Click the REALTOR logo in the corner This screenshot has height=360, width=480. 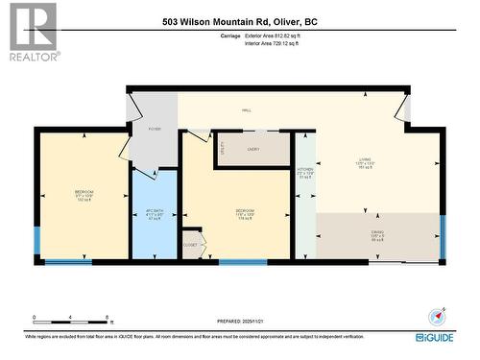[x=31, y=31]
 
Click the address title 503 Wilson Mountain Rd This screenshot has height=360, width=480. [x=239, y=22]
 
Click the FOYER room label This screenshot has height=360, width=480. [x=154, y=129]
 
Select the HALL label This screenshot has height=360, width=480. [x=246, y=110]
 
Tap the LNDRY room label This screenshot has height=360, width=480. [x=253, y=149]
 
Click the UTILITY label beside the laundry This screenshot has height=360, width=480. [x=222, y=150]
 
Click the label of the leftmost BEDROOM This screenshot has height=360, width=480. [x=84, y=195]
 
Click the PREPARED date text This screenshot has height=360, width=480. [x=239, y=322]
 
